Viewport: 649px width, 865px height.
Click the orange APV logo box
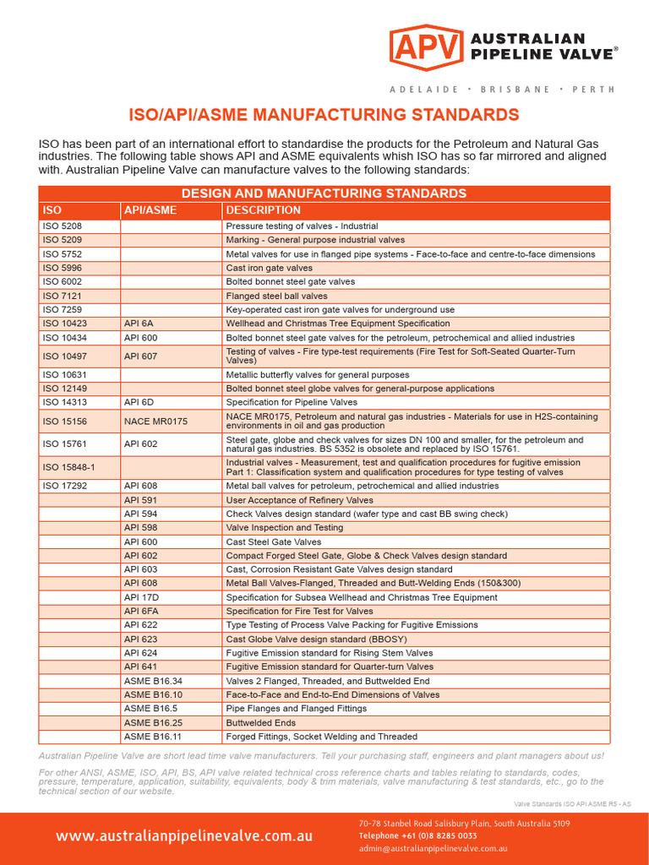point(426,47)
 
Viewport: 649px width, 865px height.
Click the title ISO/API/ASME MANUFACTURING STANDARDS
point(324,114)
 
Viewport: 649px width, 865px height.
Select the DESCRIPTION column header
point(264,210)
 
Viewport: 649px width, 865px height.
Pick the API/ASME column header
point(150,210)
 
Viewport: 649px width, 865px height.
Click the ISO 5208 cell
point(63,226)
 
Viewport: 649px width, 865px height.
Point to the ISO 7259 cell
point(63,310)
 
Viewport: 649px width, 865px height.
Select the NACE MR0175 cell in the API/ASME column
point(155,421)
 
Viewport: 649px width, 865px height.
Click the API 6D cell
point(140,402)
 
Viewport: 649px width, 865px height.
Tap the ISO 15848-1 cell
point(69,467)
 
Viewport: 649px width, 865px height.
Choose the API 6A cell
point(140,324)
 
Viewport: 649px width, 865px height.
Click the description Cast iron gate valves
point(269,268)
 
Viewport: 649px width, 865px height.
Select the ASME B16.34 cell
point(153,681)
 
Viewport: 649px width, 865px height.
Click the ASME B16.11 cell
point(153,737)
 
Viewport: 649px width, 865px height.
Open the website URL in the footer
point(184,835)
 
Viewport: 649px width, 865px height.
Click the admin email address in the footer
point(433,848)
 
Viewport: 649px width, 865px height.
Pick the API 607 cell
point(140,356)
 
